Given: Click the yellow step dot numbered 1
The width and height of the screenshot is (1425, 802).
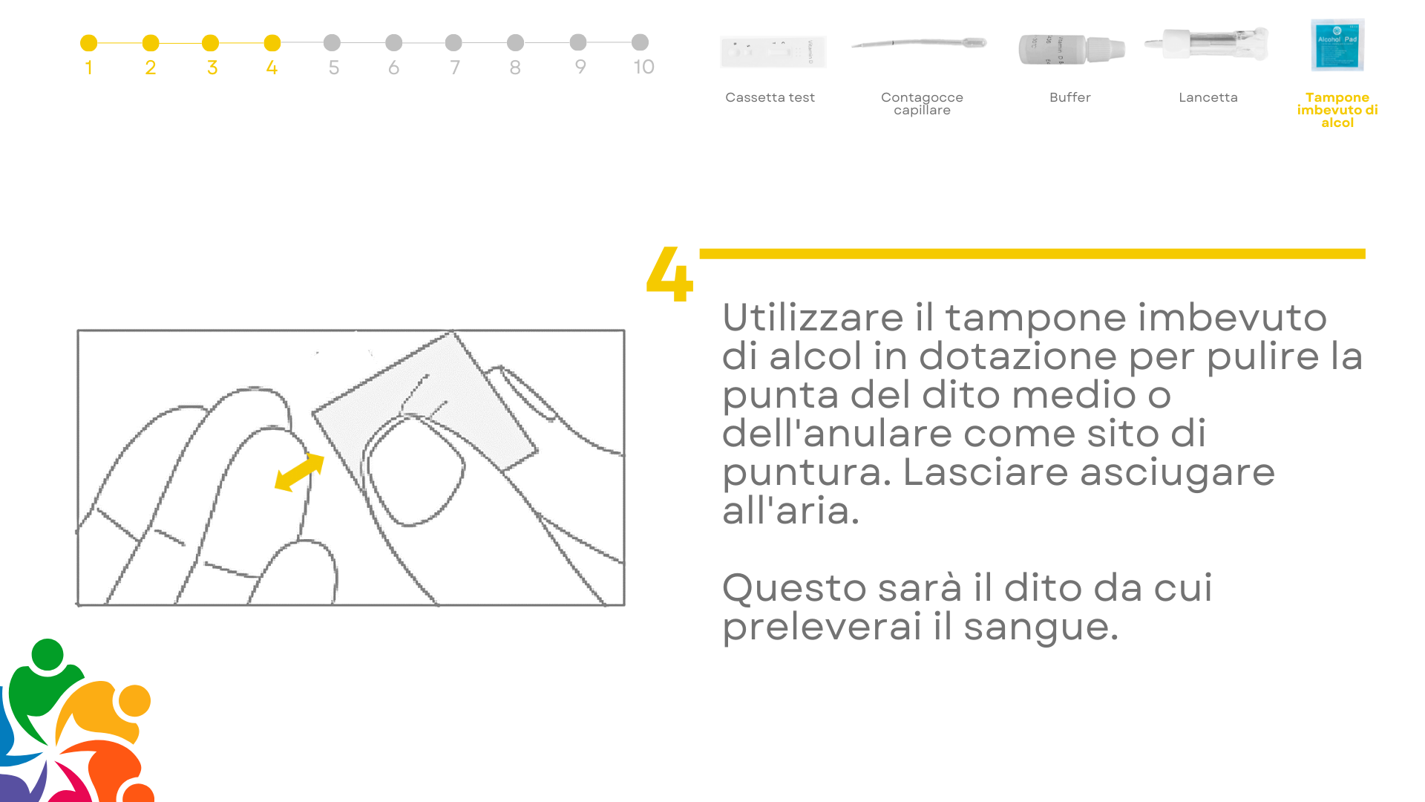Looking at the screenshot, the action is click(88, 43).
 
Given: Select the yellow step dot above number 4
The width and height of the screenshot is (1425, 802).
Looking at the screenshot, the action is click(272, 43).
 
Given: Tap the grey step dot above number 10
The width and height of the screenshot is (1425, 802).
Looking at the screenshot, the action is click(640, 42).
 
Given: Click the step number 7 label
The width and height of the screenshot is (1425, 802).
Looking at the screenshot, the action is click(455, 68).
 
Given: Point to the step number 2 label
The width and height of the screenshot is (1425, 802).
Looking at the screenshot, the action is click(151, 68).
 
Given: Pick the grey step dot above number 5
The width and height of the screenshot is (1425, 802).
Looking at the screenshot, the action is click(332, 42).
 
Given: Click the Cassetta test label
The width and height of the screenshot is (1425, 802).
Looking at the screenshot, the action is click(770, 97).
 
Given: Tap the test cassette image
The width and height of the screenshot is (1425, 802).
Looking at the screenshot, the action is click(773, 52).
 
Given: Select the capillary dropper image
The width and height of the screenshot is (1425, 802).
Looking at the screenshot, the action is click(919, 43).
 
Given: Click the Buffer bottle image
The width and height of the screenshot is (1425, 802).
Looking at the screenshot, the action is click(1072, 49).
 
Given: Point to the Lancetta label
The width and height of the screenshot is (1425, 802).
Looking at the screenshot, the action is click(1208, 97).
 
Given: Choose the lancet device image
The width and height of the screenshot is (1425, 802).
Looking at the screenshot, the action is click(1207, 44).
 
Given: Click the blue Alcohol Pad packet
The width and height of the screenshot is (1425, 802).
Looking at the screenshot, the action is click(1337, 45).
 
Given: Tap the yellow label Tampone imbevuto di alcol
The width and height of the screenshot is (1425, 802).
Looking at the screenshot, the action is click(1337, 110).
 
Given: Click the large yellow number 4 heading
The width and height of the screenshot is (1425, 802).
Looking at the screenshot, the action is click(669, 274).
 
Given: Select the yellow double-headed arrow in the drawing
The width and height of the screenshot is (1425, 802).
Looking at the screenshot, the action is click(300, 472).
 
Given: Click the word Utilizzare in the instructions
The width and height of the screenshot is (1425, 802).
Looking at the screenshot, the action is click(813, 318).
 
